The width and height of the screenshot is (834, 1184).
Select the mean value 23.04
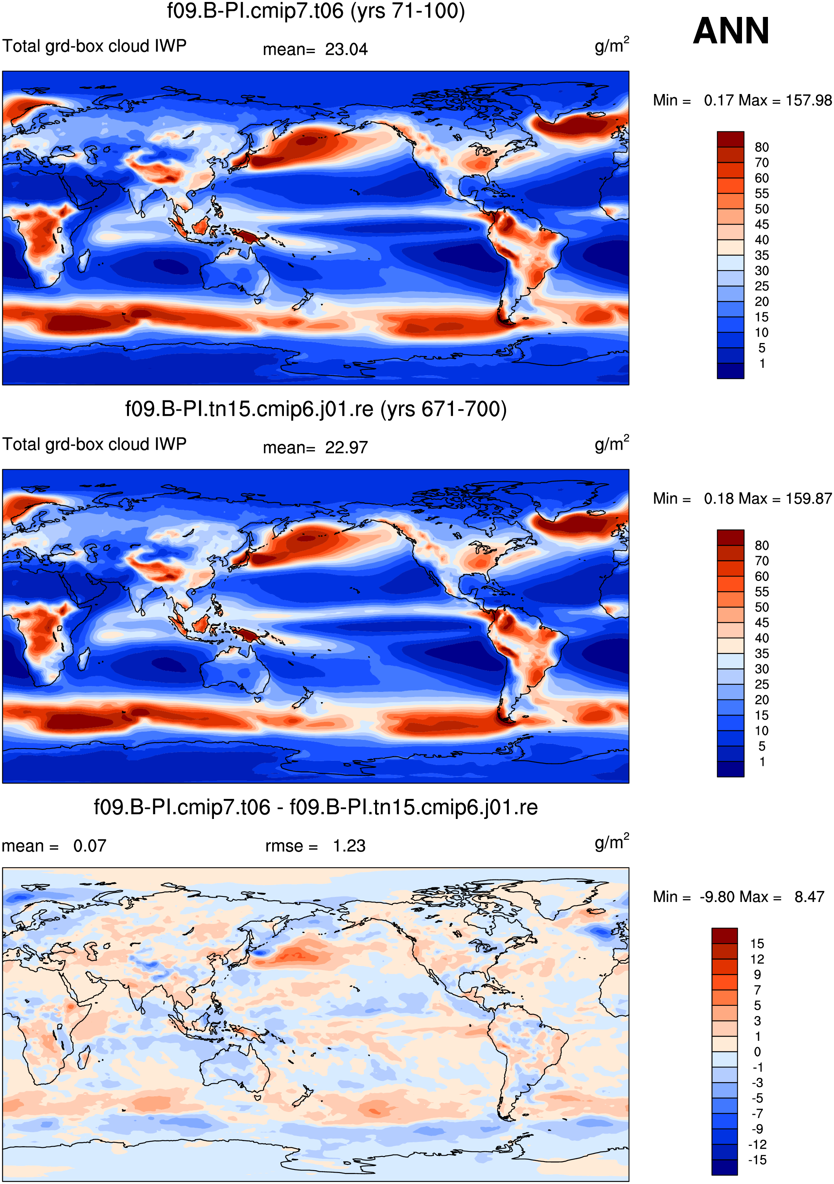click(x=346, y=50)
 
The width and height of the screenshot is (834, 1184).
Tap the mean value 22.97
click(x=346, y=448)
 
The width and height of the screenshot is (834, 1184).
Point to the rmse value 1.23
click(x=349, y=846)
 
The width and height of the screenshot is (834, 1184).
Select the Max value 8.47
click(x=809, y=897)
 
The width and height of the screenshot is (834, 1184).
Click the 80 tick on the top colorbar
click(x=762, y=147)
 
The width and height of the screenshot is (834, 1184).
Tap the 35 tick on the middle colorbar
click(x=762, y=653)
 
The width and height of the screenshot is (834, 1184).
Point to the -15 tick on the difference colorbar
click(x=757, y=1160)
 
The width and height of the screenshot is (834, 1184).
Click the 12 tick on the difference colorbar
click(x=757, y=959)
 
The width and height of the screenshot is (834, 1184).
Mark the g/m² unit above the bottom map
click(x=612, y=842)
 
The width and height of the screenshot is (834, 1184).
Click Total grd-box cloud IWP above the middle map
click(x=94, y=444)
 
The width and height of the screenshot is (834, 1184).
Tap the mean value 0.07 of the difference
click(x=90, y=846)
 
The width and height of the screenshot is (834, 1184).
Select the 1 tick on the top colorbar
click(x=762, y=363)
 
